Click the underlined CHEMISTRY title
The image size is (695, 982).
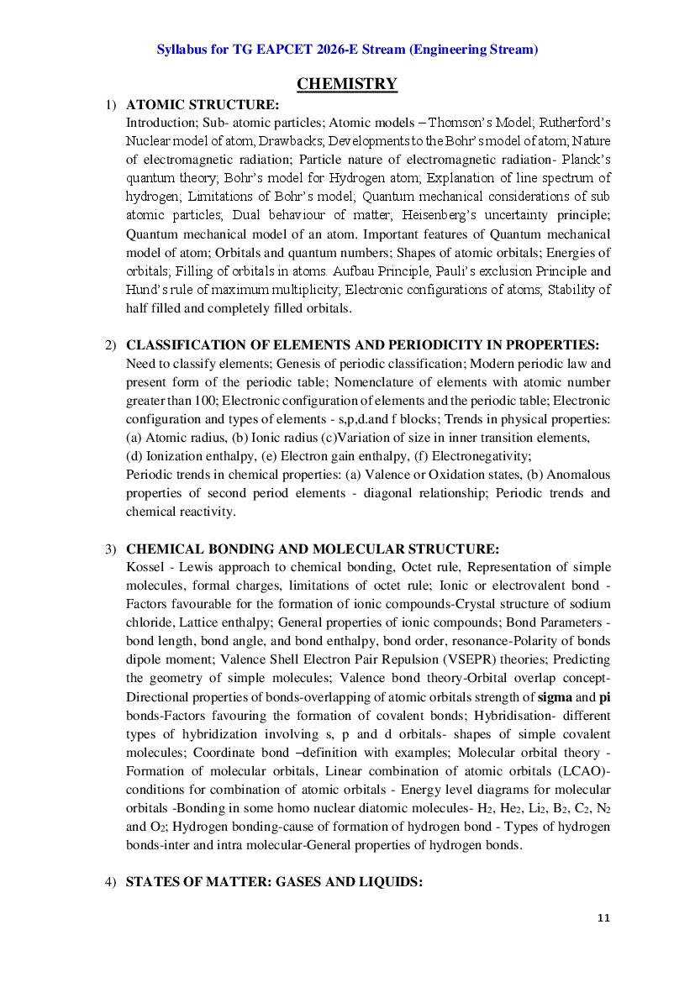coord(347,83)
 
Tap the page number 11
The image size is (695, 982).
coord(603,917)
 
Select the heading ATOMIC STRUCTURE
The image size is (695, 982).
coord(203,105)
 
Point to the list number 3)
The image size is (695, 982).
coord(111,550)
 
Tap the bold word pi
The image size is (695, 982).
coord(604,696)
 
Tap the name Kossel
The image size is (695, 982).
coord(144,568)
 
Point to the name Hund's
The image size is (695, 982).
coord(145,289)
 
